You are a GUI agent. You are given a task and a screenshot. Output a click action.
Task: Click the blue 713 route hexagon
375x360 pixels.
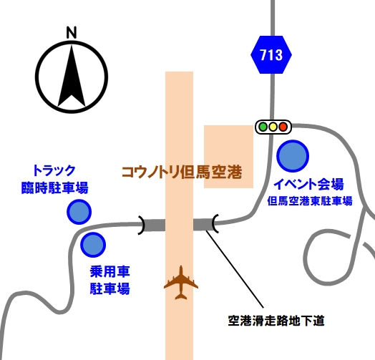(271, 54)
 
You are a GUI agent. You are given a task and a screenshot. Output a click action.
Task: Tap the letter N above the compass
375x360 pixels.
(72, 32)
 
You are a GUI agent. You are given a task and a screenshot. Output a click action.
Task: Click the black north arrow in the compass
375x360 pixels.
(72, 76)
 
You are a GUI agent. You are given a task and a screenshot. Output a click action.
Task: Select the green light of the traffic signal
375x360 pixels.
(263, 127)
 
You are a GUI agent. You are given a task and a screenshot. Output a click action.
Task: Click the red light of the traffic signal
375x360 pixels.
(283, 127)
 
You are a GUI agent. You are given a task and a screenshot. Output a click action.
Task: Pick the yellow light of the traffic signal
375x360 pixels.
(273, 127)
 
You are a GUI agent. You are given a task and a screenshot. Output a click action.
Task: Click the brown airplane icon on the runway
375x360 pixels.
(181, 283)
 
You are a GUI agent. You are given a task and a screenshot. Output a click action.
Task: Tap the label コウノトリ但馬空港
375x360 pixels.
(182, 172)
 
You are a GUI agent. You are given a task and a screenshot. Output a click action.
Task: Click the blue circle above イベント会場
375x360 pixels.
(293, 156)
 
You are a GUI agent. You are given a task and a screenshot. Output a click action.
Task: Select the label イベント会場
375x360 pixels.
(308, 184)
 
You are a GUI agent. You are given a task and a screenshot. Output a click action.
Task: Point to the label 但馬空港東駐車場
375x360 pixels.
(310, 201)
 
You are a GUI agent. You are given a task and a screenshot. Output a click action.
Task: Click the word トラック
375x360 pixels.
(54, 170)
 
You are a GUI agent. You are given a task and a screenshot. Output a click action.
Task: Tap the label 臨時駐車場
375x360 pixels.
(55, 188)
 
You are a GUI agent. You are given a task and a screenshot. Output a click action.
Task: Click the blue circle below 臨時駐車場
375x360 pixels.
(79, 212)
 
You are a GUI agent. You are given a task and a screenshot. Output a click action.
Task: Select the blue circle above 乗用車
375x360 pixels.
(93, 245)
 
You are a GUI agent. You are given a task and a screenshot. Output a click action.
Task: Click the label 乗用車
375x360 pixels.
(109, 272)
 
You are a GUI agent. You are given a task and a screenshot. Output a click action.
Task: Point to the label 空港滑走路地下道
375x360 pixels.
(276, 321)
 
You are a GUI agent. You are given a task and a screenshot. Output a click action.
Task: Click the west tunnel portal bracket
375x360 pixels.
(142, 225)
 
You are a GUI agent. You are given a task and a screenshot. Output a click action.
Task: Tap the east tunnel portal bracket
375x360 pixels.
(215, 223)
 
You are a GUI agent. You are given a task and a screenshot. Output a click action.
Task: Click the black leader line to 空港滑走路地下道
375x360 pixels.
(235, 269)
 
